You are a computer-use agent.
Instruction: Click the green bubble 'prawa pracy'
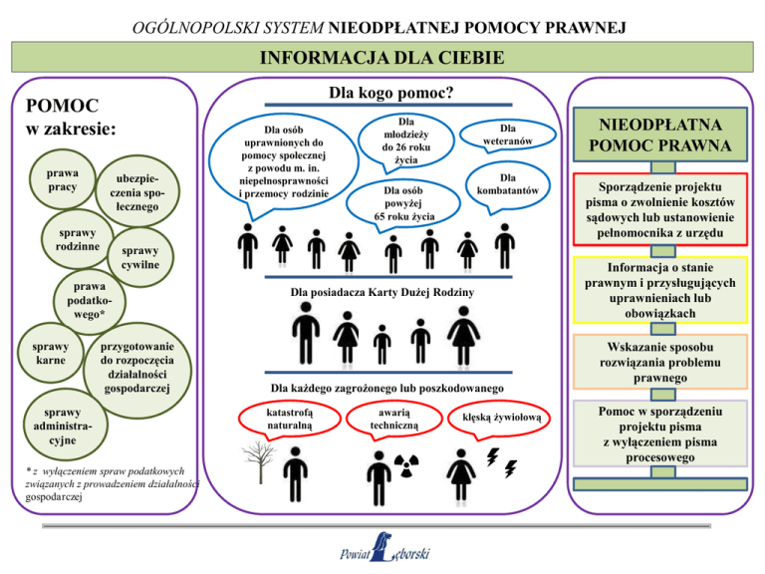click(63, 179)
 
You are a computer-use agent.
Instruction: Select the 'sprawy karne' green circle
click(50, 353)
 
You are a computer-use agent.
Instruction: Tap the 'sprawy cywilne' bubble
click(140, 257)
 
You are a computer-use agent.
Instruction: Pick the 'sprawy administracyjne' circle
click(65, 426)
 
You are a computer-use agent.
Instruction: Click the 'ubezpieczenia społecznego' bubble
click(137, 191)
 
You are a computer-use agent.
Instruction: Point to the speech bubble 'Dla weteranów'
click(507, 136)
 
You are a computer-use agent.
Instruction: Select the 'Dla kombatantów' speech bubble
click(507, 186)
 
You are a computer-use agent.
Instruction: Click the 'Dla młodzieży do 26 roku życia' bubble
click(406, 142)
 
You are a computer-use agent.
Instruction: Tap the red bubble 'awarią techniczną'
click(393, 419)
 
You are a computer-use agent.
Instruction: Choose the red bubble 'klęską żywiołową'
click(499, 419)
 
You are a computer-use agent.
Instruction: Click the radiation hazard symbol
click(406, 465)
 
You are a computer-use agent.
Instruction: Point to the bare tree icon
click(260, 461)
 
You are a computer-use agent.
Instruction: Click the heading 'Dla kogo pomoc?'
click(390, 93)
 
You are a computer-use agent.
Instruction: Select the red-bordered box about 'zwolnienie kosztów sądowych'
click(660, 209)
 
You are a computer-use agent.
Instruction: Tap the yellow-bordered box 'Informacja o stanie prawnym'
click(660, 290)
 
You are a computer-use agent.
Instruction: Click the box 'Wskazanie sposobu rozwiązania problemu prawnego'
click(660, 362)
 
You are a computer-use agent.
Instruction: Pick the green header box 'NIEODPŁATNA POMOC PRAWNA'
click(660, 135)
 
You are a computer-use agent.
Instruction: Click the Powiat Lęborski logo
click(384, 548)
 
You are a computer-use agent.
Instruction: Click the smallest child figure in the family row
click(382, 345)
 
